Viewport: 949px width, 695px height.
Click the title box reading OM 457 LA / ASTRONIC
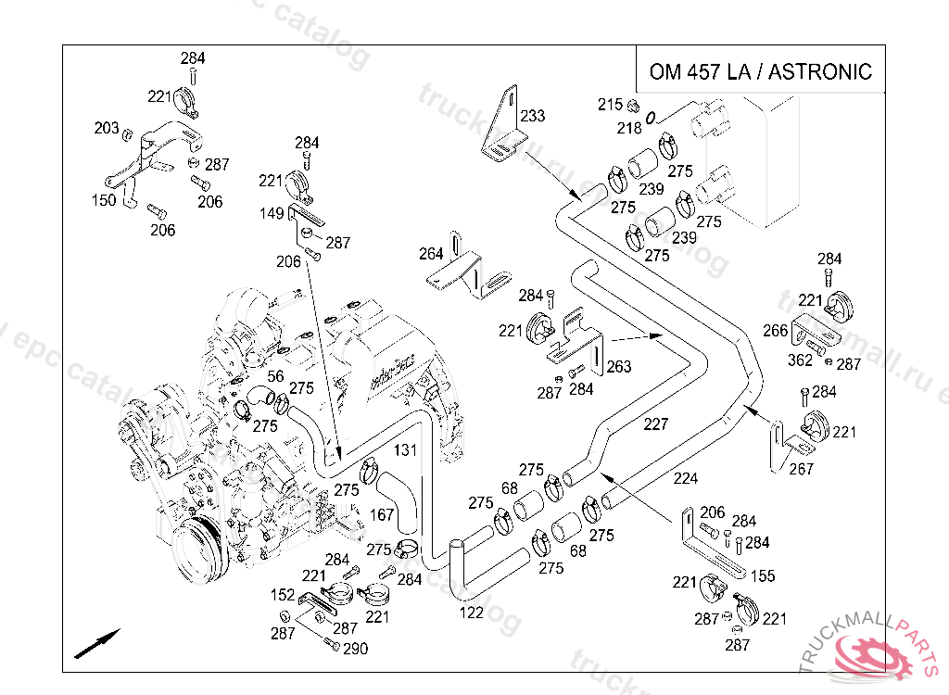[760, 71]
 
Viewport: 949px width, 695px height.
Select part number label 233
[533, 116]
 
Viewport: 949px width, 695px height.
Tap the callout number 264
[431, 253]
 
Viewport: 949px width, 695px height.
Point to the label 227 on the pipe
[655, 424]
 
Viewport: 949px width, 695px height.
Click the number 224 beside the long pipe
[686, 478]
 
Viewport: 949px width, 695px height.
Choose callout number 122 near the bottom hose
[471, 613]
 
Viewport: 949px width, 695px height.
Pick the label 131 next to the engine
[407, 449]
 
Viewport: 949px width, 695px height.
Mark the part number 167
[382, 514]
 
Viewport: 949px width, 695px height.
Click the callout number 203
[107, 127]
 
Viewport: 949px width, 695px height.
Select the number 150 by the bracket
[104, 200]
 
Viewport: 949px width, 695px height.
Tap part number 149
[272, 214]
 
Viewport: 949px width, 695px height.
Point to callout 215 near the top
[610, 105]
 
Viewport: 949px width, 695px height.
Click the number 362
[800, 360]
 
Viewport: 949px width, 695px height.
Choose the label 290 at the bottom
[355, 649]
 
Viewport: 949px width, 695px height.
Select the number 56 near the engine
[275, 376]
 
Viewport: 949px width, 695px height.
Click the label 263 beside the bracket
[618, 367]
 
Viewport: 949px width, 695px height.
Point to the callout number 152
[283, 595]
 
